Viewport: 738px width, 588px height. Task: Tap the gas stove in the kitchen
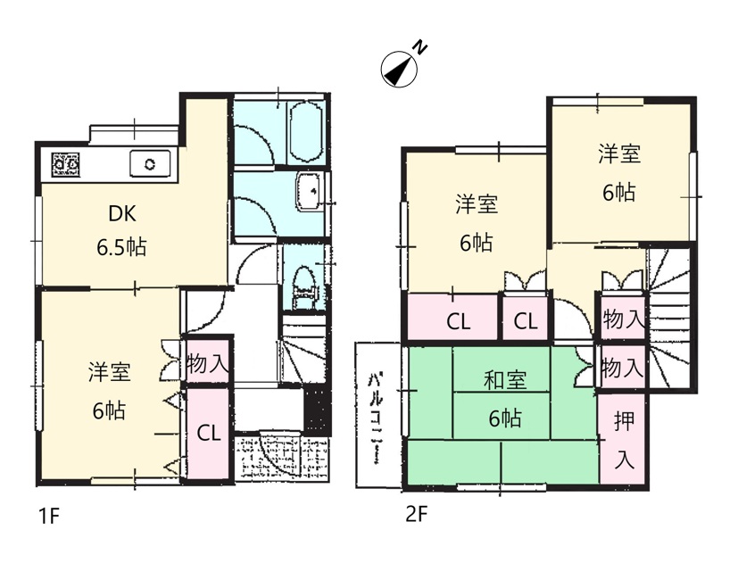tap(65, 164)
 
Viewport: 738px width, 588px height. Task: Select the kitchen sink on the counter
tap(150, 163)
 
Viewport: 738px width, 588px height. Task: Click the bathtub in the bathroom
tap(305, 132)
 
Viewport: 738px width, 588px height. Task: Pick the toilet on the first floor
tap(303, 287)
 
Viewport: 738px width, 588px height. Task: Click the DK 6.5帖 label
tap(122, 231)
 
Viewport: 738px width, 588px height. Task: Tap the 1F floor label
tap(48, 517)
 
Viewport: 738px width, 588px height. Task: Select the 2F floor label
tap(416, 515)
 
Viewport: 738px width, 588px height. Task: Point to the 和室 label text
tap(505, 380)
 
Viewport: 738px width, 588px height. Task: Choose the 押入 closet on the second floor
tap(624, 440)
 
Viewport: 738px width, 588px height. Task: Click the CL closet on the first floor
tap(208, 432)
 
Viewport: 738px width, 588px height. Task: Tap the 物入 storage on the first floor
tap(208, 362)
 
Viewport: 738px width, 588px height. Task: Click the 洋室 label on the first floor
tap(109, 372)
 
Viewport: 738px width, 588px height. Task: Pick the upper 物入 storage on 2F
tap(623, 319)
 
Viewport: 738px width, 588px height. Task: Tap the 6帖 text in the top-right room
tap(619, 192)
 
